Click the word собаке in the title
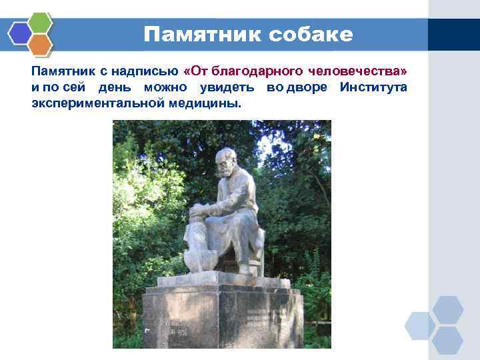point(311,35)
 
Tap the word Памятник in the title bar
point(203,35)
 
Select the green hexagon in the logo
point(41,22)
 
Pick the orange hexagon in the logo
point(41,44)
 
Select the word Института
point(373,88)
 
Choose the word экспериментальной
point(90,105)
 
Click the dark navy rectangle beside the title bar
point(453,34)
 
